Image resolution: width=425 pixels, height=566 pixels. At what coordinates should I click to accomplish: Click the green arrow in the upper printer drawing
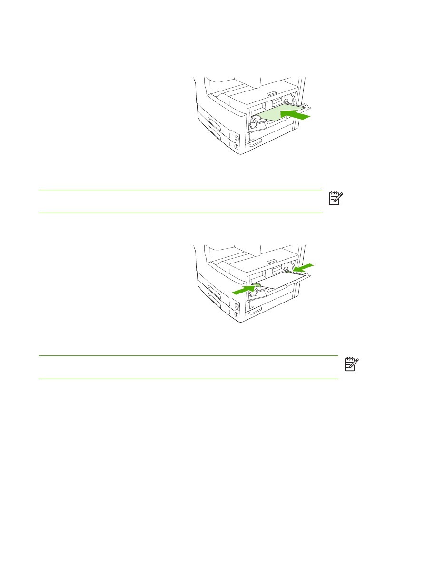(295, 115)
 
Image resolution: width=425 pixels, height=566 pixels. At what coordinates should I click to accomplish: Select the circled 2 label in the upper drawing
(237, 138)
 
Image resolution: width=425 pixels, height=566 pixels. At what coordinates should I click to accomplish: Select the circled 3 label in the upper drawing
(237, 147)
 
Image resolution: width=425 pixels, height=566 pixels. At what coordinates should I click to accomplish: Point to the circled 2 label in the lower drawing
(237, 306)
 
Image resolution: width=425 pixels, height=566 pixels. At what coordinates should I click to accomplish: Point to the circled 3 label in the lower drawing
(237, 315)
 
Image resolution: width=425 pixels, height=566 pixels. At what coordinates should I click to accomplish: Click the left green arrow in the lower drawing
(244, 290)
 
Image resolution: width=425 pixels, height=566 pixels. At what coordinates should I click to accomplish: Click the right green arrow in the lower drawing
(303, 268)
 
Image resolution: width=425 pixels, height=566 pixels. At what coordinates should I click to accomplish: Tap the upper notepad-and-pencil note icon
(336, 199)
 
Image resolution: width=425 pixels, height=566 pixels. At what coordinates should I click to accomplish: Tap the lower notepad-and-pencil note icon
(352, 364)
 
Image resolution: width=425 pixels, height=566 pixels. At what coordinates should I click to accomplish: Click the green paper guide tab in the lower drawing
(257, 285)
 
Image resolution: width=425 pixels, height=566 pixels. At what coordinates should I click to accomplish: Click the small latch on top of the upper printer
(270, 93)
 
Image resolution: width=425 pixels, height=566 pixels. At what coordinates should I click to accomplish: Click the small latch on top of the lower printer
(270, 262)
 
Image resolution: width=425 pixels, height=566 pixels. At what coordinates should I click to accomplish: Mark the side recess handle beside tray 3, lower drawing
(255, 311)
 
